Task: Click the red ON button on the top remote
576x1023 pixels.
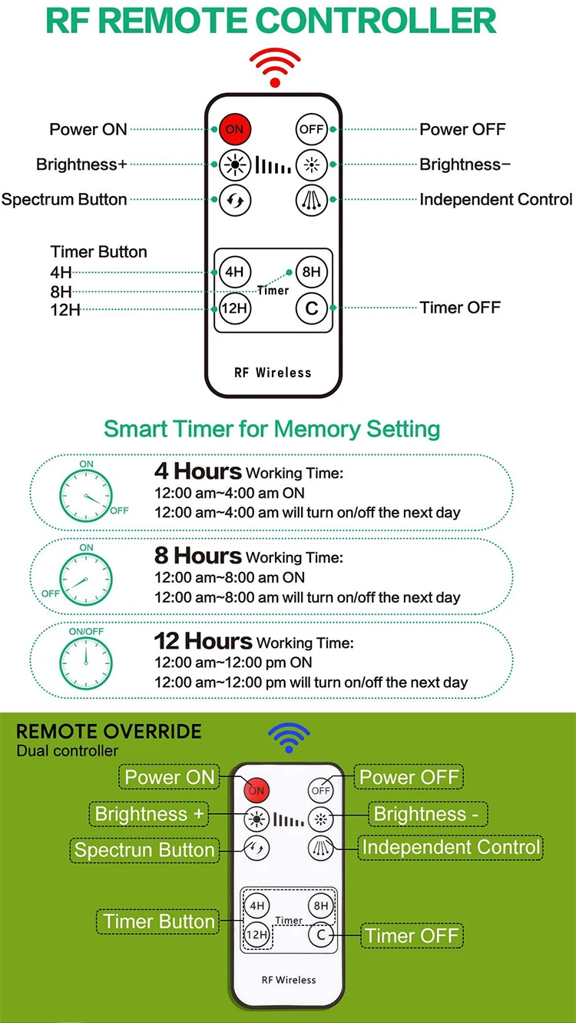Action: coord(235,129)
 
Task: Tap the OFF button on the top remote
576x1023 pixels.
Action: coord(311,129)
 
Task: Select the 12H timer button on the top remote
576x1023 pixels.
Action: coord(234,308)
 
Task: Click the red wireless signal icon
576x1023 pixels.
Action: coord(275,67)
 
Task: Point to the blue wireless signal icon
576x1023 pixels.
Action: coord(289,737)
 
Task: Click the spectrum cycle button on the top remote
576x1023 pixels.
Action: coord(235,200)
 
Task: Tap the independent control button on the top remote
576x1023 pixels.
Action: coord(311,200)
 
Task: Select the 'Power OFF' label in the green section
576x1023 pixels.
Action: coord(409,777)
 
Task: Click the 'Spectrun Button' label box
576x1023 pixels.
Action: coord(144,850)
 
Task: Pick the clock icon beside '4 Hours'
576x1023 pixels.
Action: coord(86,497)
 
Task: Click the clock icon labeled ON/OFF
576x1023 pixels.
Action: coord(86,663)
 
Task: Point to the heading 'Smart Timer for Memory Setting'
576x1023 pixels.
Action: coord(272,430)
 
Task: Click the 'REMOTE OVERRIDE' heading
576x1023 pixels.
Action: coord(108,732)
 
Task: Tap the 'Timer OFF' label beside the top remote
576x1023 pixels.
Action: coord(460,307)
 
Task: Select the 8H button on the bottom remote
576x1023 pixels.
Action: coord(321,905)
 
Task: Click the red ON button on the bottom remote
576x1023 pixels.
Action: coord(257,790)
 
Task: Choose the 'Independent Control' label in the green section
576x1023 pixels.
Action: coord(451,848)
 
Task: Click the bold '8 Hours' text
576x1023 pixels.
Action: coord(198,556)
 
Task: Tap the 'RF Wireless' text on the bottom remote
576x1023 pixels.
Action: coord(289,980)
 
